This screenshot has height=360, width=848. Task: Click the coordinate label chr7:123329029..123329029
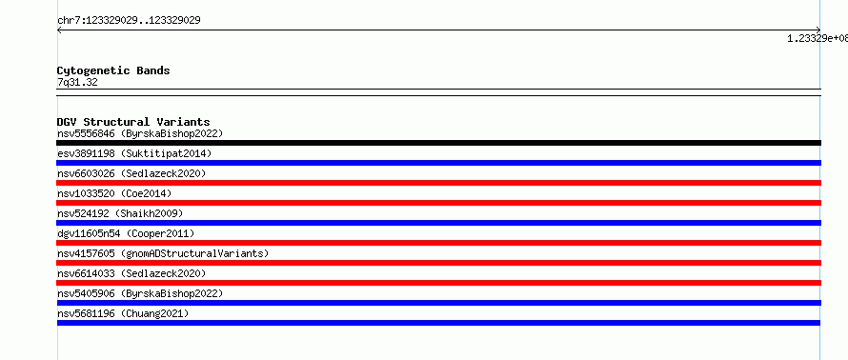pos(129,21)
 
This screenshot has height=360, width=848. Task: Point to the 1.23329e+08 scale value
pos(818,38)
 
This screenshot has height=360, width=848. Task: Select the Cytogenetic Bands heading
pos(113,70)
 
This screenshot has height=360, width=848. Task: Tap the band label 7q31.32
pos(77,83)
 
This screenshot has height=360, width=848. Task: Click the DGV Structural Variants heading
pos(133,122)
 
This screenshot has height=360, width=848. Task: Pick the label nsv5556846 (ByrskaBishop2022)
pos(140,133)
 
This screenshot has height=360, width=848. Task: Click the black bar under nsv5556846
pos(438,143)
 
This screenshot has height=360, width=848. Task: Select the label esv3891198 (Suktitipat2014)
pos(134,153)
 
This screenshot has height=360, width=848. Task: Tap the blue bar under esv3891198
pos(438,163)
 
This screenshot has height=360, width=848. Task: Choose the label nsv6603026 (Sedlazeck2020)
pos(131,173)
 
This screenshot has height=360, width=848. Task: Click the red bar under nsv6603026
pos(438,183)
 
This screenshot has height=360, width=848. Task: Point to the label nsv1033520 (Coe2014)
pos(114,193)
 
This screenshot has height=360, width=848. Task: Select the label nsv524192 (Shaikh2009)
pos(120,213)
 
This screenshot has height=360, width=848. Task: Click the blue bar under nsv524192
pos(438,223)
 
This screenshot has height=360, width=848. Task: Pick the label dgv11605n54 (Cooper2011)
pos(126,233)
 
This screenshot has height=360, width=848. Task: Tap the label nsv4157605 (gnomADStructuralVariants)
pos(163,253)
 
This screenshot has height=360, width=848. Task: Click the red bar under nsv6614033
pos(438,283)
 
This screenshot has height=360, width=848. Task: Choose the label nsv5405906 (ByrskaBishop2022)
pos(140,293)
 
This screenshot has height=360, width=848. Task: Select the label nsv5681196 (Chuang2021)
pos(123,313)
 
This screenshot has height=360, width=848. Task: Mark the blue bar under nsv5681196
pos(438,323)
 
